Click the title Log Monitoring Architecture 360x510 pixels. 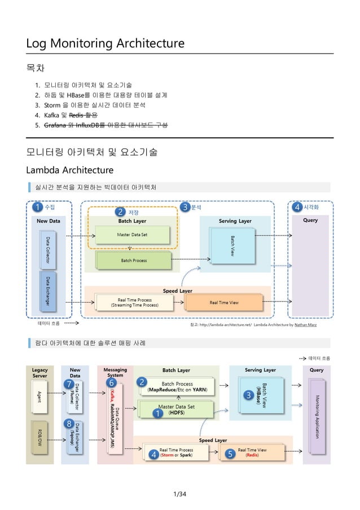click(x=106, y=43)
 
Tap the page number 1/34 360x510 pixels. click(x=179, y=495)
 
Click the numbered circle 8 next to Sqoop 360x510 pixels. click(x=68, y=424)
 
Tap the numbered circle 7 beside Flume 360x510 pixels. click(x=68, y=385)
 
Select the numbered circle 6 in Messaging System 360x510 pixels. click(x=104, y=383)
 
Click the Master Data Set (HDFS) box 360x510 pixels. click(x=176, y=409)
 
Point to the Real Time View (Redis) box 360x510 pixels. click(x=252, y=452)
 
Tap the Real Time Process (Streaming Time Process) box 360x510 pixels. click(x=134, y=302)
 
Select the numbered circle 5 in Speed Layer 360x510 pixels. click(x=230, y=454)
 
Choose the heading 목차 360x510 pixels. click(x=36, y=69)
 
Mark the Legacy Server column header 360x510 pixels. click(x=39, y=373)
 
